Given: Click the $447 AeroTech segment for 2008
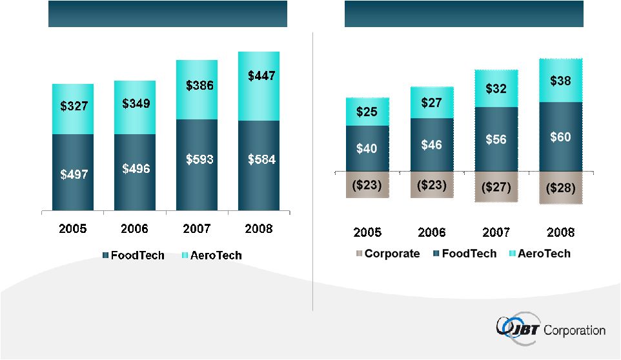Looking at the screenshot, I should pyautogui.click(x=259, y=86).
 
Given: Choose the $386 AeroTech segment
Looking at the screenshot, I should pyautogui.click(x=198, y=90).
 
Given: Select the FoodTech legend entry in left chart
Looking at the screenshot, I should pyautogui.click(x=132, y=255).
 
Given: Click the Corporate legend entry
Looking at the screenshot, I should pyautogui.click(x=387, y=254).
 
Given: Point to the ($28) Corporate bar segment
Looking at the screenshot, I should pyautogui.click(x=560, y=188).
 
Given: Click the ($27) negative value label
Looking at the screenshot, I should pyautogui.click(x=496, y=187).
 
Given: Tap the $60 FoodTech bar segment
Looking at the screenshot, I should pyautogui.click(x=560, y=137).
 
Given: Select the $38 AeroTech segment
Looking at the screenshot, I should pyautogui.click(x=560, y=81).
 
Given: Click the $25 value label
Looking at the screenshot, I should pyautogui.click(x=367, y=112).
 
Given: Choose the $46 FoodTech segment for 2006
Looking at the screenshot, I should pyautogui.click(x=431, y=145).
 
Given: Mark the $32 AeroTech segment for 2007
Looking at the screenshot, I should pyautogui.click(x=496, y=88).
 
